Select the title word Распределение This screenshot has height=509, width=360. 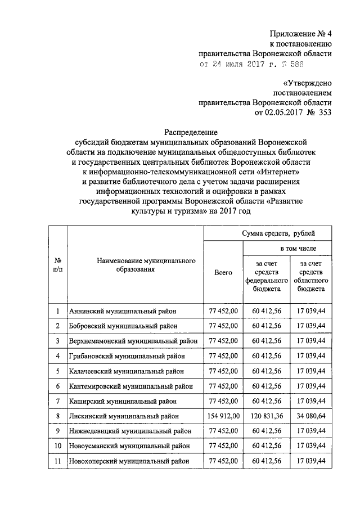click(x=190, y=132)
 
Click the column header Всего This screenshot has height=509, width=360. click(x=223, y=272)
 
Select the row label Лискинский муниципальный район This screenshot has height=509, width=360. click(x=124, y=416)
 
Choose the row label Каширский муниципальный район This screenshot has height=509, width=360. click(x=123, y=401)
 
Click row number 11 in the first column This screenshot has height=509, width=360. click(x=57, y=461)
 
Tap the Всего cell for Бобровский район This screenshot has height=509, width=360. click(x=223, y=326)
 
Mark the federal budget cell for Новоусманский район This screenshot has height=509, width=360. click(x=266, y=446)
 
